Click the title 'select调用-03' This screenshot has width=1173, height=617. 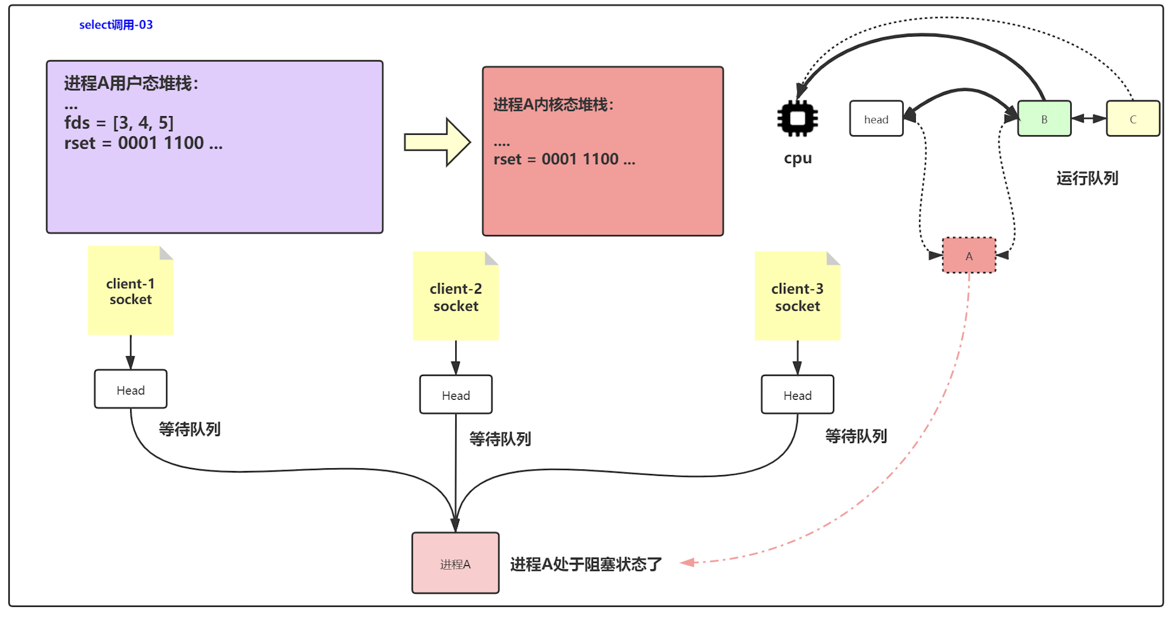pyautogui.click(x=116, y=24)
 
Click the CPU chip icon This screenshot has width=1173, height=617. pyautogui.click(x=797, y=118)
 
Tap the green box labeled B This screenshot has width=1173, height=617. pyautogui.click(x=1044, y=119)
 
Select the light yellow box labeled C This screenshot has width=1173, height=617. pyautogui.click(x=1133, y=119)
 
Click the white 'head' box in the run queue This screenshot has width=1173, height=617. pyautogui.click(x=876, y=119)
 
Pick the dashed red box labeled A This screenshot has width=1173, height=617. pyautogui.click(x=968, y=255)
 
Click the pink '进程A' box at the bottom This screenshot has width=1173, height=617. pyautogui.click(x=455, y=563)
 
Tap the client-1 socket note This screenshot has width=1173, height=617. pyautogui.click(x=131, y=291)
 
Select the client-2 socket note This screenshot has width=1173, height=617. pyautogui.click(x=456, y=296)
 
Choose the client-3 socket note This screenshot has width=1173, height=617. pyautogui.click(x=797, y=296)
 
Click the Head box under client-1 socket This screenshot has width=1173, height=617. pyautogui.click(x=131, y=390)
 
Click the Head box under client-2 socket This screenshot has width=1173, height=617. pyautogui.click(x=456, y=395)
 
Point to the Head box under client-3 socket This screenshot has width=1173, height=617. pyautogui.click(x=797, y=395)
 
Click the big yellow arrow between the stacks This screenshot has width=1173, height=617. pyautogui.click(x=437, y=142)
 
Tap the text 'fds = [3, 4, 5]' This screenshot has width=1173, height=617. pyautogui.click(x=119, y=123)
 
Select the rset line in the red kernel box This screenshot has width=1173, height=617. pyautogui.click(x=564, y=159)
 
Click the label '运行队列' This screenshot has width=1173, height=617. pyautogui.click(x=1087, y=178)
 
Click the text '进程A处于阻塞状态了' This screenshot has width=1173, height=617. pyautogui.click(x=586, y=564)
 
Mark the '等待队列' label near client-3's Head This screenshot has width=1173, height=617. pyautogui.click(x=856, y=436)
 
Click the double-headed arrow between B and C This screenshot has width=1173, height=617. pyautogui.click(x=1089, y=119)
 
